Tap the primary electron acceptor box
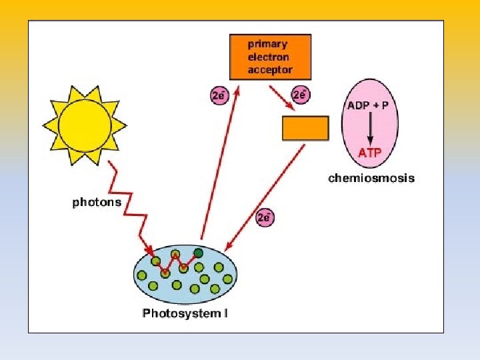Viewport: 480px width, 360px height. pos(270,57)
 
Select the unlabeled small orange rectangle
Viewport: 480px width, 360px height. pos(305,128)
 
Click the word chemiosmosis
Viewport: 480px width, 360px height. pos(371,178)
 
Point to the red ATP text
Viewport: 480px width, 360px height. pos(370,153)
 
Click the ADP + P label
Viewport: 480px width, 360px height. pos(370,105)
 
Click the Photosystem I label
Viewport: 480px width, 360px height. pos(185,313)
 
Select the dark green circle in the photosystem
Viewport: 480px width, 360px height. pos(198,253)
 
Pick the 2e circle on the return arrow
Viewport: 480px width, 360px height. pos(265,217)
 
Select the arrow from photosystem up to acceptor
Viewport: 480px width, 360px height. pos(220,167)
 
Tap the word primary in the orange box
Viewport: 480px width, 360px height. pos(268,44)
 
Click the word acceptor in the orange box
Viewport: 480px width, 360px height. pos(270,69)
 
